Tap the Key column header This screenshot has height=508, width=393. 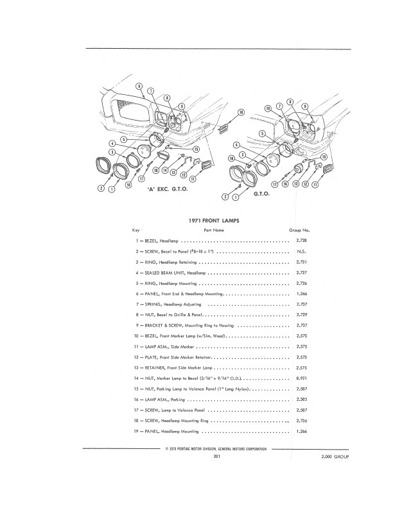(135, 229)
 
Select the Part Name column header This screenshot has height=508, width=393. (214, 229)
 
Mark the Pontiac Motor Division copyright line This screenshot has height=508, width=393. (216, 449)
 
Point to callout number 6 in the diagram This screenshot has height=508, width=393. (139, 87)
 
